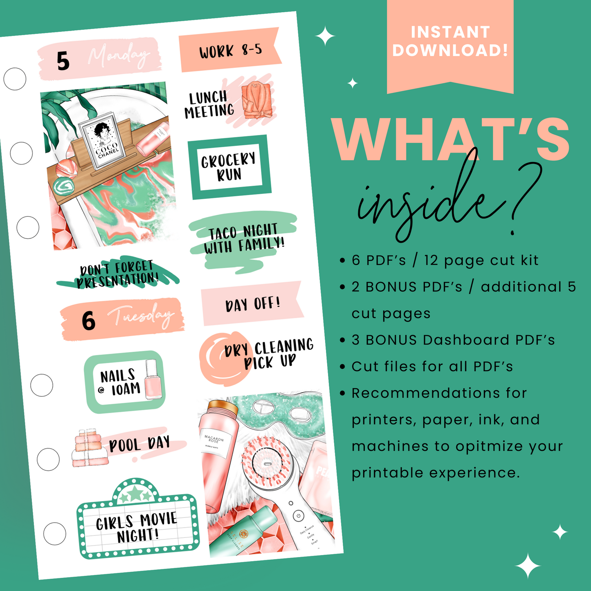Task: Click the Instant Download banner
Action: click(x=450, y=41)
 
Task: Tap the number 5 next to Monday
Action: click(x=63, y=62)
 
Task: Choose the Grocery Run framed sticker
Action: click(x=229, y=167)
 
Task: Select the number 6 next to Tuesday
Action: click(x=88, y=321)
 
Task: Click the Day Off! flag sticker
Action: click(x=252, y=304)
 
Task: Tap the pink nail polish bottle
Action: click(x=153, y=380)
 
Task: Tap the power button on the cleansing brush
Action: click(x=299, y=516)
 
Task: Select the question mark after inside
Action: click(x=522, y=196)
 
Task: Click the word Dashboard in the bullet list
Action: click(x=466, y=340)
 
